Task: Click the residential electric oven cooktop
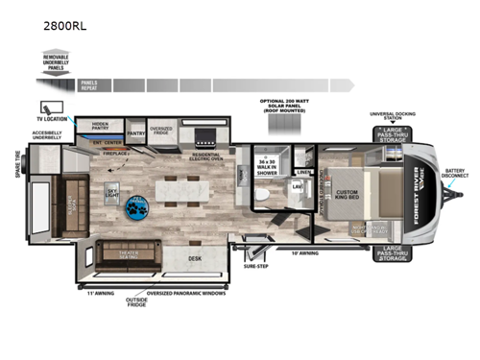click(x=206, y=135)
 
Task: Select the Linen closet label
click(x=305, y=173)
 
